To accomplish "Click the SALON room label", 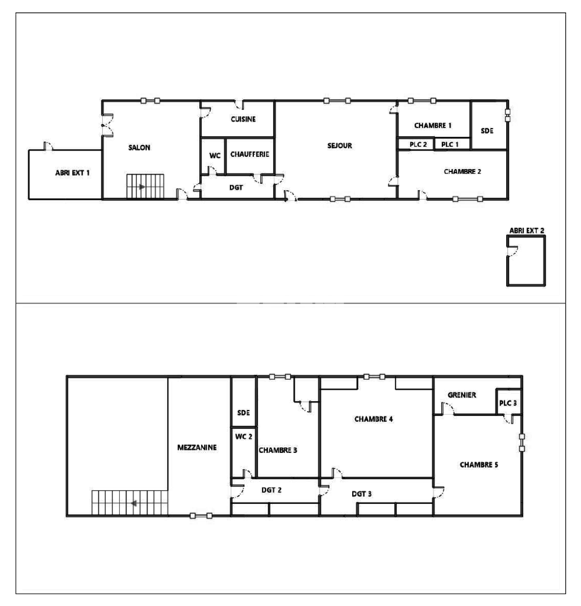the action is [x=139, y=148].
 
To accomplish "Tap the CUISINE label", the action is [x=243, y=119].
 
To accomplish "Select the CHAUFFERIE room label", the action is [x=250, y=154].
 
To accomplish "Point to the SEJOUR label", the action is [x=340, y=146].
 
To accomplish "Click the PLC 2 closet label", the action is [x=418, y=144].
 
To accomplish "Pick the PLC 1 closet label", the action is [x=450, y=144].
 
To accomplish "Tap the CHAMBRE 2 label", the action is [x=462, y=172].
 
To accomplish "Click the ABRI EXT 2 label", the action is [x=527, y=230].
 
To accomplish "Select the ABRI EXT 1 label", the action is [x=72, y=173].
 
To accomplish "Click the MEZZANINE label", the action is [x=197, y=448].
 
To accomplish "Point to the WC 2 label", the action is [x=243, y=437].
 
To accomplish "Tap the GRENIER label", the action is [x=462, y=395].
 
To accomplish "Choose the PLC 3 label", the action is [x=508, y=403].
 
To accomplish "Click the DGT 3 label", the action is [x=361, y=494].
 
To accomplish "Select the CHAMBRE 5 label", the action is [x=479, y=465].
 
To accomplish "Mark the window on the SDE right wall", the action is [x=508, y=115].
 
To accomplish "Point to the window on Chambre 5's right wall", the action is [x=522, y=442].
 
